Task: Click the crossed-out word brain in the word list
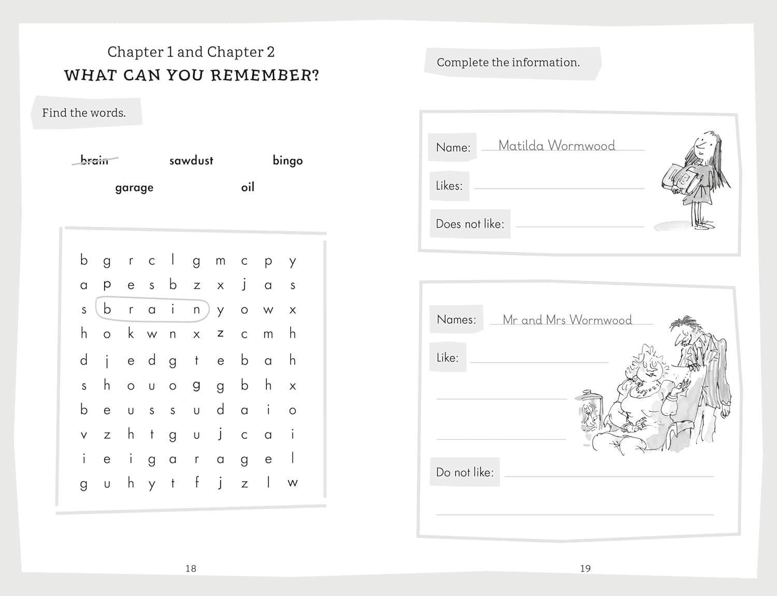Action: point(95,160)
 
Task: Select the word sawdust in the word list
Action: point(191,161)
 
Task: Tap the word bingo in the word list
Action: point(287,161)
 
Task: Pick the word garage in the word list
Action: point(134,187)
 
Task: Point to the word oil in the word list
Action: point(248,187)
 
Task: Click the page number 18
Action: point(191,569)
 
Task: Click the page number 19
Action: point(585,569)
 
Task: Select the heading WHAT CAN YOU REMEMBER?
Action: point(192,76)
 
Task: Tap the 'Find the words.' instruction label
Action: point(84,113)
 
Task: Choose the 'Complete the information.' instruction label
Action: point(508,63)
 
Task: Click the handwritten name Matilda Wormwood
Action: point(557,146)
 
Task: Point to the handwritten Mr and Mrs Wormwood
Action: point(567,320)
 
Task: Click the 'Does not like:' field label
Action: point(470,224)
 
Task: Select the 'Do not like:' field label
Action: point(465,472)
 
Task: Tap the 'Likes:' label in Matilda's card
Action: point(449,186)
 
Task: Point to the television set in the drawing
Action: point(590,412)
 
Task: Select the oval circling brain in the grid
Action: point(152,310)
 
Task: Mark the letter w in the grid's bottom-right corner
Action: point(293,483)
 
